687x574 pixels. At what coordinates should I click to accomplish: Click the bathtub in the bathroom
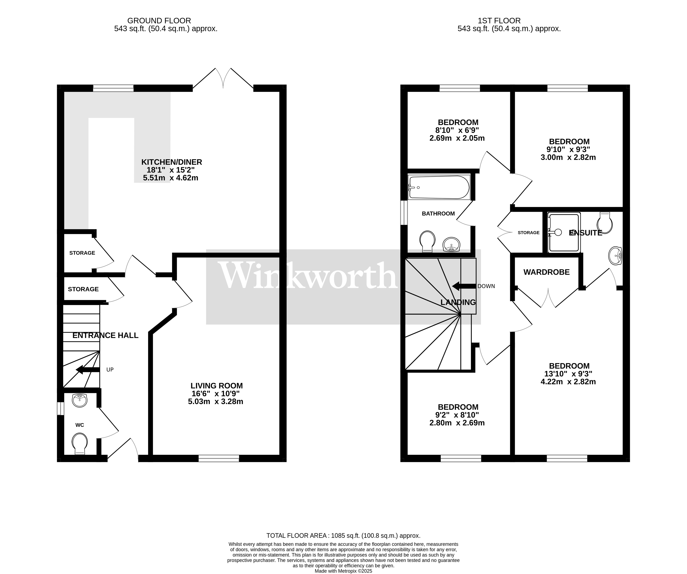tap(438, 187)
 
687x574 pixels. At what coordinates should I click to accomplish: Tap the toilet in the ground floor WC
tap(80, 443)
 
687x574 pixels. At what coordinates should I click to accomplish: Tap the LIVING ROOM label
tap(217, 386)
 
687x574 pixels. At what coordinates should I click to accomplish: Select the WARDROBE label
tap(546, 272)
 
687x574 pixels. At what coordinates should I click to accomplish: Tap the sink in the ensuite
tap(615, 255)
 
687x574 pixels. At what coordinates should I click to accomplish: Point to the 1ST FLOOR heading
tap(499, 21)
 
